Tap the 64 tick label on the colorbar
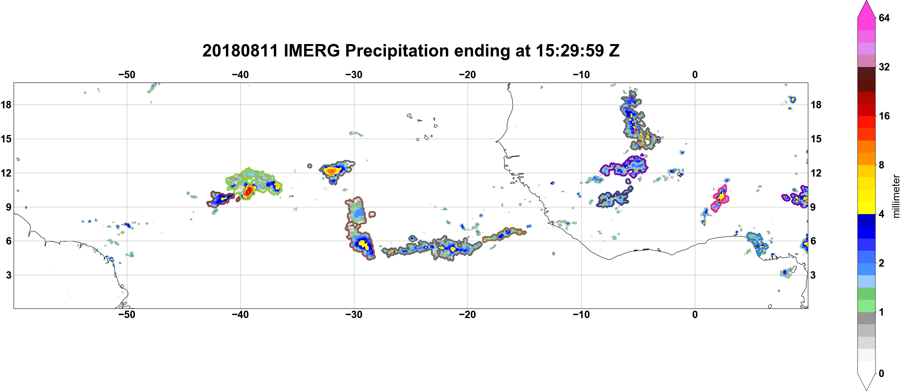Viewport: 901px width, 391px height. (884, 18)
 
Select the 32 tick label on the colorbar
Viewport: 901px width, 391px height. (884, 67)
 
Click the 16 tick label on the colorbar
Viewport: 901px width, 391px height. (884, 116)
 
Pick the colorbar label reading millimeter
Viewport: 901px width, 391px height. (896, 196)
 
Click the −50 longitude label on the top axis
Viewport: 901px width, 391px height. (127, 75)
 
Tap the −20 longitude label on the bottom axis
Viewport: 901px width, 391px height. (468, 315)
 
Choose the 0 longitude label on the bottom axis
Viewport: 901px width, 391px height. (695, 315)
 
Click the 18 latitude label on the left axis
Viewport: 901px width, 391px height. (6, 105)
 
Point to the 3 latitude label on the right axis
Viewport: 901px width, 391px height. (813, 275)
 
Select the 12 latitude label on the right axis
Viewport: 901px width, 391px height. (816, 173)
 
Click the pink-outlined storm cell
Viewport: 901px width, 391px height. (720, 198)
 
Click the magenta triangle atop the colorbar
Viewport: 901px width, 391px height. (866, 9)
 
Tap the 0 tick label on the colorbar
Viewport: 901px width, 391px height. (881, 374)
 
